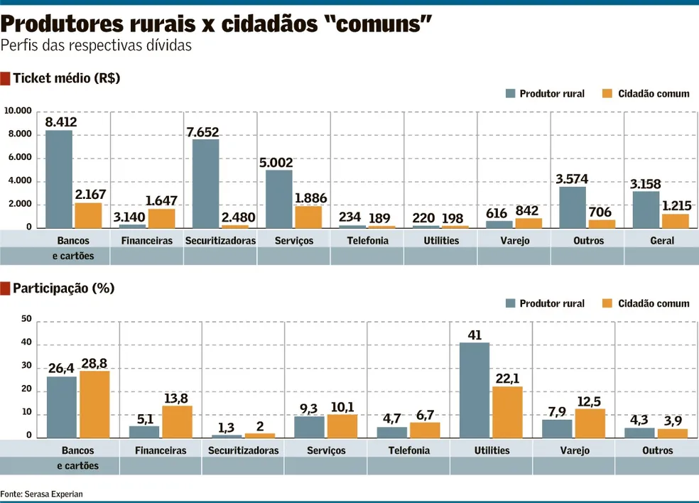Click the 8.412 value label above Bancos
coord(60,121)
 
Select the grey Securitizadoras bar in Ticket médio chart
coord(205,183)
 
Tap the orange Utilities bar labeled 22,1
coord(507,412)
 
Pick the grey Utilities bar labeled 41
coord(475,390)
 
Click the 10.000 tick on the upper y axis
coord(18,112)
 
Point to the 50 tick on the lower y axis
coord(26,319)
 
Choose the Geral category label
coord(662,240)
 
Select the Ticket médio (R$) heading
coord(67,78)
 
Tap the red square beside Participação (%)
coord(6,288)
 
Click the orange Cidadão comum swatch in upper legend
coord(607,94)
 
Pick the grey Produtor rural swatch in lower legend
coord(511,303)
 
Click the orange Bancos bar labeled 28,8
coord(94,404)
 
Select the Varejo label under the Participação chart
coord(575,450)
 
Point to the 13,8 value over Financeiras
coord(177,399)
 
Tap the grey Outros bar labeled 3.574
coord(573,207)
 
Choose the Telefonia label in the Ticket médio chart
coord(367,240)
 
